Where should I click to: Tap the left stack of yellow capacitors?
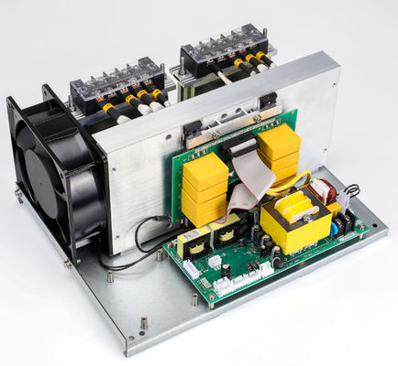[x=205, y=188]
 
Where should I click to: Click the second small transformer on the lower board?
[x=225, y=232]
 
